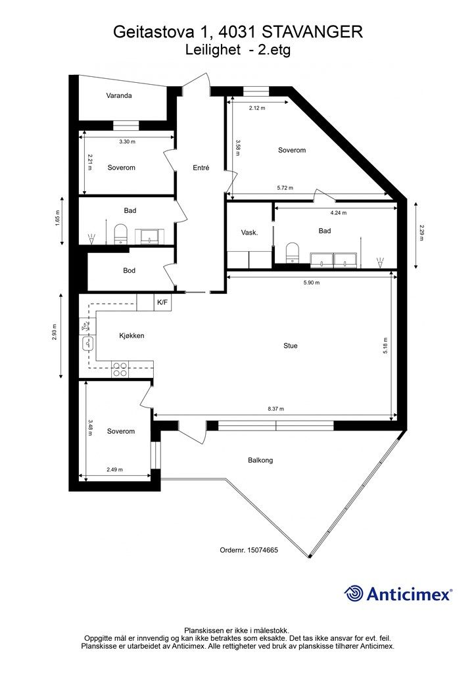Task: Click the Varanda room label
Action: [119, 96]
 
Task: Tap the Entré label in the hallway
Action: [201, 168]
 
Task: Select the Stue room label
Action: [290, 346]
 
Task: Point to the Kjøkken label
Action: [131, 336]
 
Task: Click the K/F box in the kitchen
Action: [163, 302]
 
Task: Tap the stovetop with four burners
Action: [120, 369]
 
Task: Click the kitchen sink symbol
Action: [87, 343]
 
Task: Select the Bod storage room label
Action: [130, 270]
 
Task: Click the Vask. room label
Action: [249, 233]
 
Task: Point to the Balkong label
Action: [260, 460]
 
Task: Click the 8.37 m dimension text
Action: [276, 409]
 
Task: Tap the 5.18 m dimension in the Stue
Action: [385, 345]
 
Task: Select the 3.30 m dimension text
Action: [127, 141]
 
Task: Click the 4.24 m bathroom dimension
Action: [338, 212]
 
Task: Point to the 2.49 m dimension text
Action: [114, 469]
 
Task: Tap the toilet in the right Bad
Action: [293, 252]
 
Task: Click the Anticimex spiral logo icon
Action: [354, 593]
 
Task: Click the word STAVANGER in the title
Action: [312, 32]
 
